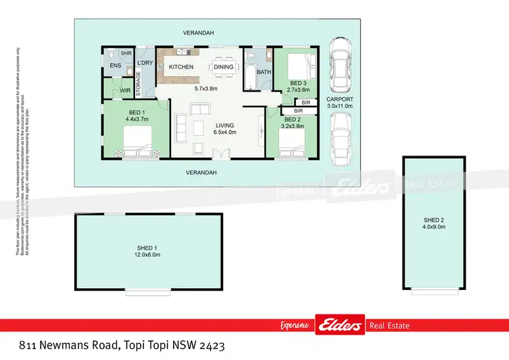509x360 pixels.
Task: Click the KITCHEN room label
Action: pos(181,67)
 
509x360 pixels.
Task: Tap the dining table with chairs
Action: pos(224,67)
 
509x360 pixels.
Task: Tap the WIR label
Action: pos(125,90)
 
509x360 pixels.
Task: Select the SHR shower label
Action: pos(126,54)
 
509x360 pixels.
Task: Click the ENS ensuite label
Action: pos(115,65)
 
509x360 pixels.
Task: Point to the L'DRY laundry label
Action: pos(145,63)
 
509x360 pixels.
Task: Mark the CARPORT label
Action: pos(339,99)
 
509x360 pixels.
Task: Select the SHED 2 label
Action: pos(435,219)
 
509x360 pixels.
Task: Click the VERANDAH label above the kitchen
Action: pos(198,33)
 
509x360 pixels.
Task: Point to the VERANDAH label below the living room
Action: pos(202,173)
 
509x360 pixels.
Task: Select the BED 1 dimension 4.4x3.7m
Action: pos(136,119)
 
